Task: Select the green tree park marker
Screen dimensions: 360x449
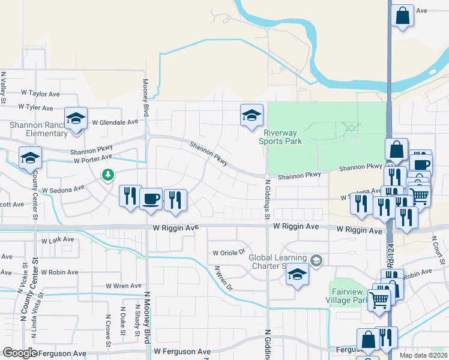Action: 108,175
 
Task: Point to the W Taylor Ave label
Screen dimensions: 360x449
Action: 41,94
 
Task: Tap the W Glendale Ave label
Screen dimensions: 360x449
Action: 115,122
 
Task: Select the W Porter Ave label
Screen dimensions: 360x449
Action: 93,159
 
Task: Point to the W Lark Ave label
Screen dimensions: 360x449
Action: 58,240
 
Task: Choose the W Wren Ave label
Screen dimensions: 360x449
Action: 123,286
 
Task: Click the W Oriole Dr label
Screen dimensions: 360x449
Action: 229,253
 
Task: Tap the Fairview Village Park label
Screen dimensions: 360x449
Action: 348,295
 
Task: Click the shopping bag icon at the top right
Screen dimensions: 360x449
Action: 403,16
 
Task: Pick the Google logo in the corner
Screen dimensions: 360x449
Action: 20,353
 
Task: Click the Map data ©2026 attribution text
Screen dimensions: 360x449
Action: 424,355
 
